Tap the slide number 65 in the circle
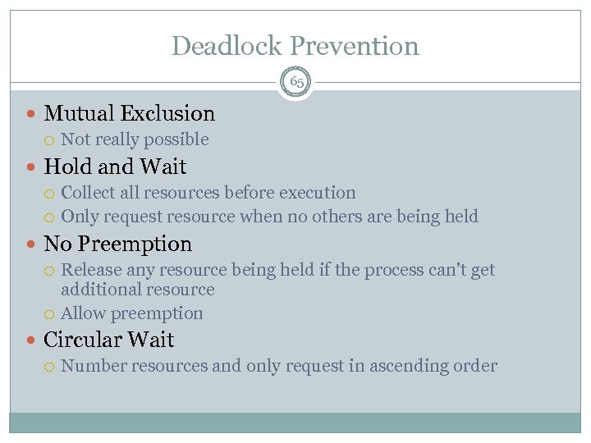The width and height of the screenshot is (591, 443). (x=295, y=82)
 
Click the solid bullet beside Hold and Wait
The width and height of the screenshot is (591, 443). (x=32, y=167)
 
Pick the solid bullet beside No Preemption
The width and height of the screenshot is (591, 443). (x=32, y=244)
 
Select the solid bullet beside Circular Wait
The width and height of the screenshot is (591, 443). (x=32, y=340)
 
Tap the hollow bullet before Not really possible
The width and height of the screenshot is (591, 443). (x=51, y=140)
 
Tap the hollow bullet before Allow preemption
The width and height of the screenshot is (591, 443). (x=51, y=314)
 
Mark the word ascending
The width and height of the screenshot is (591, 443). (x=396, y=366)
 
